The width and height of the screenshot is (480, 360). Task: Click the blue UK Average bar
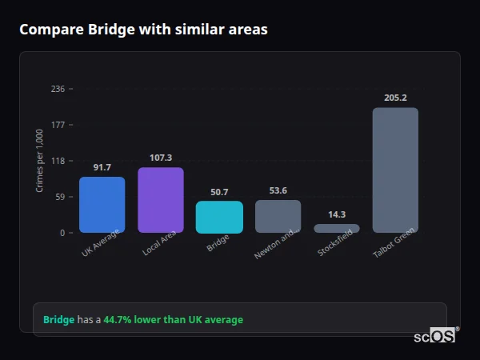102,205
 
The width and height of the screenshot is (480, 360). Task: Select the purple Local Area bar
161,200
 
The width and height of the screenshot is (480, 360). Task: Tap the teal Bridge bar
219,217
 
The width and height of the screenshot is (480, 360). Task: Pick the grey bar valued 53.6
278,216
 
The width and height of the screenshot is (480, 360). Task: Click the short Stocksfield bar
337,228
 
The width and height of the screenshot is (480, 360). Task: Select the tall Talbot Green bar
395,170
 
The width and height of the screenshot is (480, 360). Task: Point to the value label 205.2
395,98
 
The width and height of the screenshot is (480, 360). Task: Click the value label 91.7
102,167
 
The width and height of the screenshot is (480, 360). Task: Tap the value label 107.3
161,158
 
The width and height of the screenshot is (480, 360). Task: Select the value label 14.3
337,214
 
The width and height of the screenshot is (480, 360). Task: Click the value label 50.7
219,192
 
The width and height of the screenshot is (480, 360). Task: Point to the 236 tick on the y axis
58,89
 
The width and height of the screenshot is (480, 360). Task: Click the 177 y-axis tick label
58,125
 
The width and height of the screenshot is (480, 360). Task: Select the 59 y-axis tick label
59,197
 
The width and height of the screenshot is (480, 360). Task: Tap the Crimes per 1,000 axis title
40,161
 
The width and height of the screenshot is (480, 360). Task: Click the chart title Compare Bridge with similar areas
143,30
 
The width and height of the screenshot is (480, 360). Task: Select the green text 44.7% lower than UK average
173,320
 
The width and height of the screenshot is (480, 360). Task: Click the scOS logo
434,336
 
